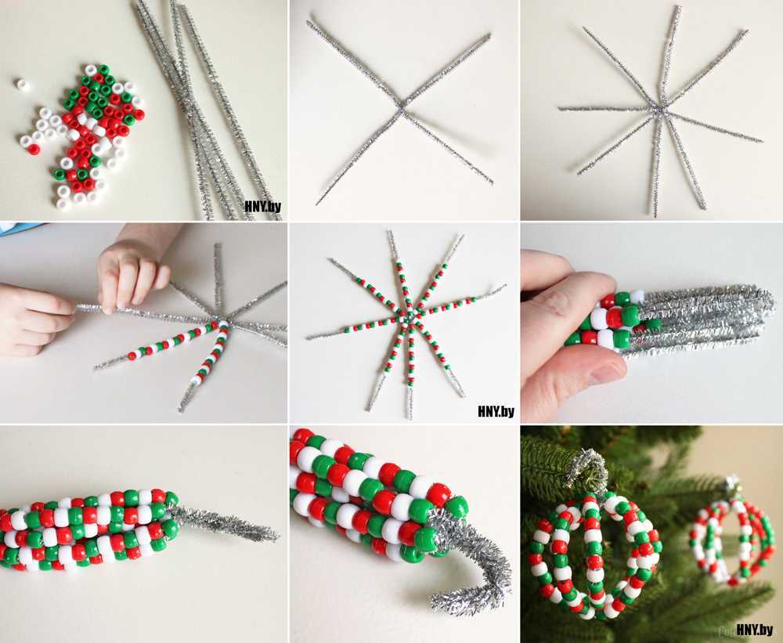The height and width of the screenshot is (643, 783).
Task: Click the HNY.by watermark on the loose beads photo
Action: click(262, 206)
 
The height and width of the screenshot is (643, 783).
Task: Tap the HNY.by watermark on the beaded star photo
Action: click(496, 411)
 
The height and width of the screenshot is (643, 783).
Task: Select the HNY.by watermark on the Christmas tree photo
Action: click(754, 629)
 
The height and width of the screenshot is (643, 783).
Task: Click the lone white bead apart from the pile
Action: click(22, 85)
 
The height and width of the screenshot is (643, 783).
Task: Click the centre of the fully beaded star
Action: click(409, 317)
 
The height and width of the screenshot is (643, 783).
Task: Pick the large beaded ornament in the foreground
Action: click(594, 554)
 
